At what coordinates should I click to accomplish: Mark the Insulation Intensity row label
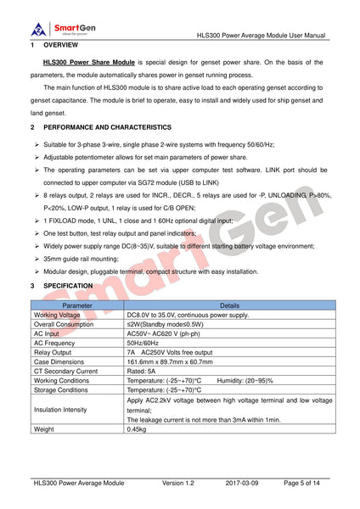pos(65,410)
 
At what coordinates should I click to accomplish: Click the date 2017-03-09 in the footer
pos(247,482)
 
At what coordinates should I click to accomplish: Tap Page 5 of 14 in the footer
pos(302,482)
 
